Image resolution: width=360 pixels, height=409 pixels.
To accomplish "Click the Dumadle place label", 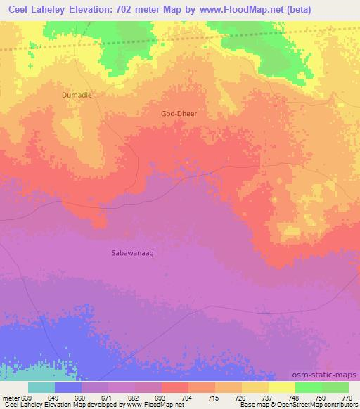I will tap(77, 94).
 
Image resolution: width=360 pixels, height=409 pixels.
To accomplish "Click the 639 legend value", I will tap(27, 398).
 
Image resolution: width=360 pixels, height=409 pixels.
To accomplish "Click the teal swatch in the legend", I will tap(41, 387).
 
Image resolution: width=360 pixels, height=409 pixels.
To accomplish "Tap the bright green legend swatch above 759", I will tap(308, 387).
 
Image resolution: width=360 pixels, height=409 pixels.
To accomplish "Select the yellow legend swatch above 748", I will tap(281, 387).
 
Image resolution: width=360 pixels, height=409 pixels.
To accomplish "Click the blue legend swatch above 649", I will tap(68, 387).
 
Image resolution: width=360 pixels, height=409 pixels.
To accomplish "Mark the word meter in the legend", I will tap(11, 398).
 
